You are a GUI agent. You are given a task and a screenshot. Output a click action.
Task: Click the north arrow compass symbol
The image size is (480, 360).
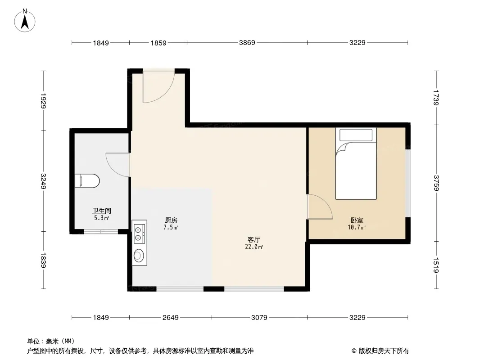[25, 21]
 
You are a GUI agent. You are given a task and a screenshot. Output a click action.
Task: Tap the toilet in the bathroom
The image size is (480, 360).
[87, 181]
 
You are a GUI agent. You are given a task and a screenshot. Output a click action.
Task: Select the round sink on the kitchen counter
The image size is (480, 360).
[139, 256]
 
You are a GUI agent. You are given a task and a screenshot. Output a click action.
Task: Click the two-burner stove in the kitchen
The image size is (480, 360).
[139, 234]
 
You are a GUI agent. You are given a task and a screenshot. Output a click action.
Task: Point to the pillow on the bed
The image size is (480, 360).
[356, 135]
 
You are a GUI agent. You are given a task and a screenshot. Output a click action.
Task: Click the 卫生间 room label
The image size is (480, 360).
[102, 211]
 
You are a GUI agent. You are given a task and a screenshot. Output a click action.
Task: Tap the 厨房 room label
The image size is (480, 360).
[171, 220]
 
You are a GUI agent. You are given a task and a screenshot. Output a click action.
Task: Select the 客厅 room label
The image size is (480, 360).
[254, 239]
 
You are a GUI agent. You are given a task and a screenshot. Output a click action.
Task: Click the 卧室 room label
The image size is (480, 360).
[357, 220]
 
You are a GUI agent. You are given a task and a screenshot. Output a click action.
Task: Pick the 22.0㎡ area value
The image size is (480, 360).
[254, 247]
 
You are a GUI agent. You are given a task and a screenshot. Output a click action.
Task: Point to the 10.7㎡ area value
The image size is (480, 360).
[357, 227]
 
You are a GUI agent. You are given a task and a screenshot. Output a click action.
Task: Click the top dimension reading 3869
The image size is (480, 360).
[247, 42]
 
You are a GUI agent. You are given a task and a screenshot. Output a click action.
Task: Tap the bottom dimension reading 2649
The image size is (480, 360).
[171, 318]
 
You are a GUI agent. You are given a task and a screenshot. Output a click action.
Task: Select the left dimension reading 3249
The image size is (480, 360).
[43, 181]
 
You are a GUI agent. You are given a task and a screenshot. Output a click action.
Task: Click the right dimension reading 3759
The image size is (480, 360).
[436, 183]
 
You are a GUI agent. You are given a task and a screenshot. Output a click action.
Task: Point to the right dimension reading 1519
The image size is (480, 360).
[436, 265]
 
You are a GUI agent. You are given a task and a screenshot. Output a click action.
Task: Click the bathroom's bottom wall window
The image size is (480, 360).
[101, 232]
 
